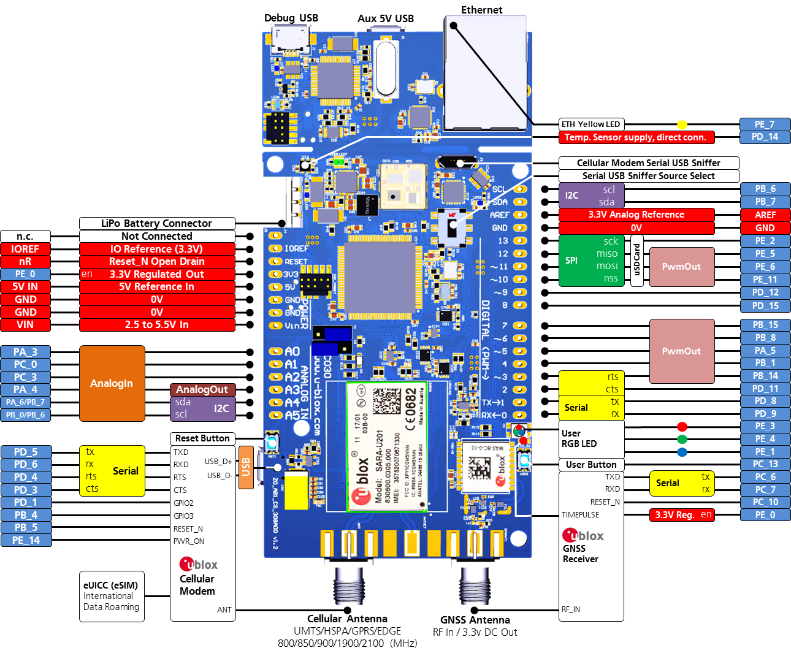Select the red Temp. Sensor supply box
(x=636, y=137)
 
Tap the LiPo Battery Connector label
(x=157, y=224)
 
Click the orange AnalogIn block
(x=112, y=383)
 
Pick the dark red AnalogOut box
(x=202, y=389)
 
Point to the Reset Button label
(x=202, y=438)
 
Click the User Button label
(x=591, y=465)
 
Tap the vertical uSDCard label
(x=637, y=261)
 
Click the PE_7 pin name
(x=765, y=124)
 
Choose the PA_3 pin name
(x=25, y=352)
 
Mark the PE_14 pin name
(x=25, y=540)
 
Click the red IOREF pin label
(x=25, y=249)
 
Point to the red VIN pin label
(x=25, y=324)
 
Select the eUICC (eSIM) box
(x=112, y=597)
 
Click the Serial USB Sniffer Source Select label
(x=649, y=176)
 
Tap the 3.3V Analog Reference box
(x=636, y=215)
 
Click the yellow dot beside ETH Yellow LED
(x=682, y=125)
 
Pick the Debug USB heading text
(x=291, y=18)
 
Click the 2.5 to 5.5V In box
(x=157, y=324)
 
